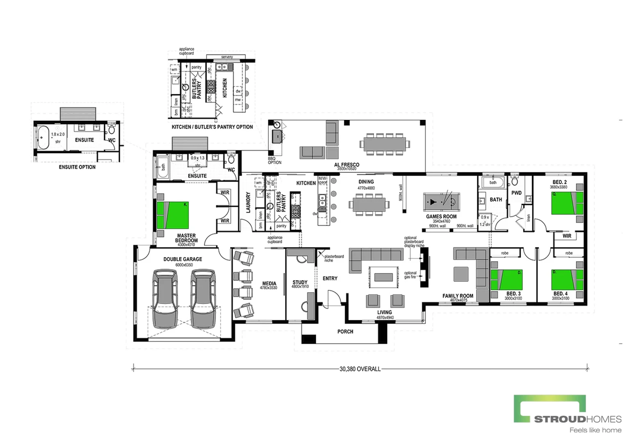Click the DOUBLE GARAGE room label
(x=183, y=259)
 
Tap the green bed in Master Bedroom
(x=172, y=215)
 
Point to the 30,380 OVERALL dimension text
(x=360, y=369)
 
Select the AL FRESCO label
(x=347, y=164)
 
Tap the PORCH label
(x=345, y=331)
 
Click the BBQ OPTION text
(x=274, y=160)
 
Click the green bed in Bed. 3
(x=507, y=280)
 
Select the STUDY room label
(x=300, y=282)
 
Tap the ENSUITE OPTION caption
(x=77, y=167)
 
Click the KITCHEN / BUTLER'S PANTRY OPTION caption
(x=212, y=127)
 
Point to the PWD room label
(x=516, y=193)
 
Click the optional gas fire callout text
(x=410, y=275)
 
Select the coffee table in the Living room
(x=383, y=278)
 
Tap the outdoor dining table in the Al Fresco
(x=384, y=144)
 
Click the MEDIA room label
(x=269, y=283)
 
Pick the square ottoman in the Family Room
(x=461, y=274)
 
